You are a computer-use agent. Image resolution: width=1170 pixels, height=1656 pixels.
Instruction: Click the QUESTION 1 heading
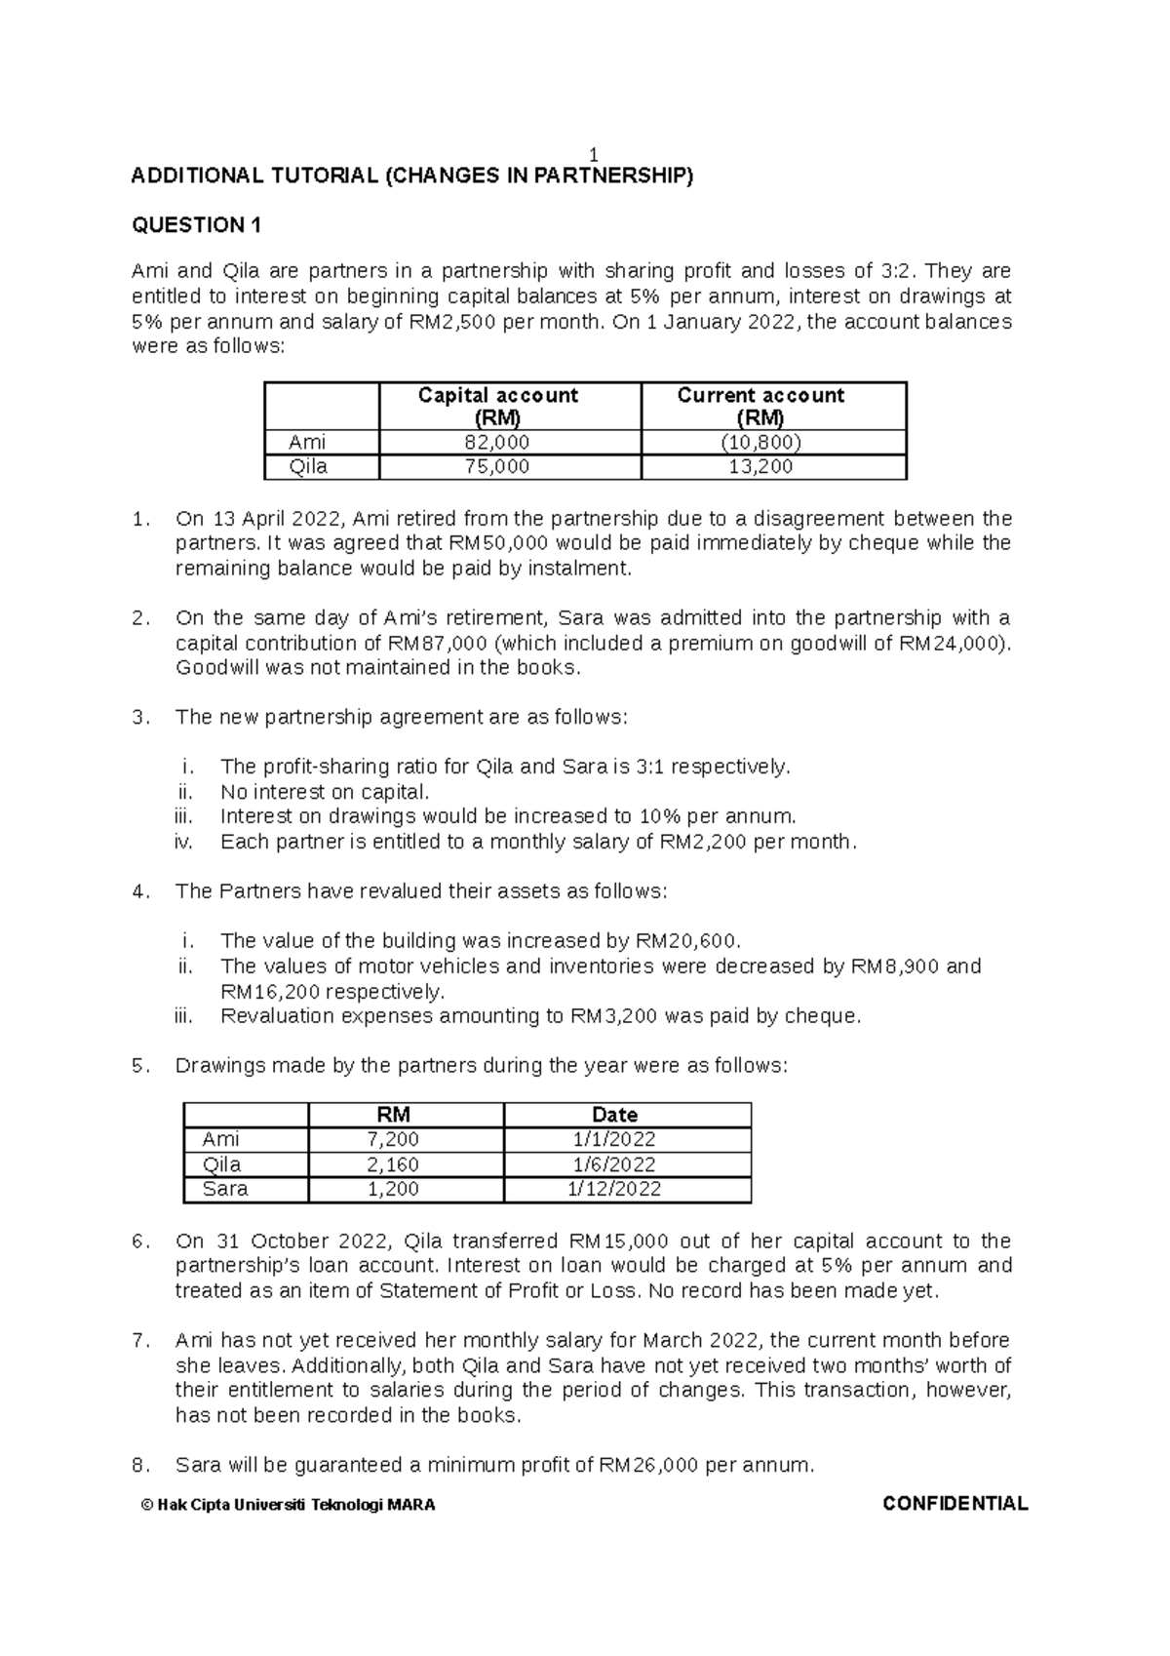point(196,225)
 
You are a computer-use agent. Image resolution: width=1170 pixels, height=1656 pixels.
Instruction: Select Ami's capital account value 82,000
point(509,442)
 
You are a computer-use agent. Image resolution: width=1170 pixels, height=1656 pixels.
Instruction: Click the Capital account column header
point(497,406)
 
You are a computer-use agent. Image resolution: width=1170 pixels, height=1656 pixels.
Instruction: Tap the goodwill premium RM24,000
point(954,644)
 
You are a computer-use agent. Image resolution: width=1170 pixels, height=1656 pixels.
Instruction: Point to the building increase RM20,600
point(686,941)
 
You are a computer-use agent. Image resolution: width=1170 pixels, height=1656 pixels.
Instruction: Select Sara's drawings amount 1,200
point(393,1189)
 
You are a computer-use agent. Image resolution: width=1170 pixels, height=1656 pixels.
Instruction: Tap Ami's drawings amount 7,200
point(393,1139)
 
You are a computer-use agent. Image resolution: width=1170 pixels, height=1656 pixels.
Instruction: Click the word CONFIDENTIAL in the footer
point(955,1504)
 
